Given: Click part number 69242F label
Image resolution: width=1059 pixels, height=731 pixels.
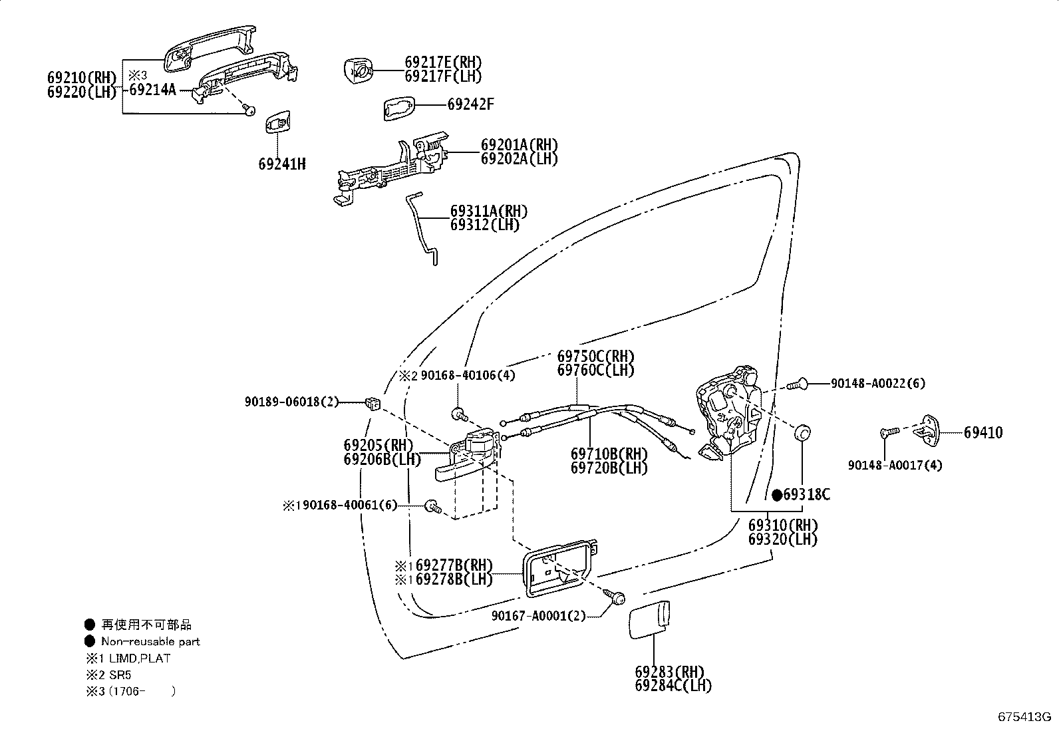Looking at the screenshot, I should (470, 104).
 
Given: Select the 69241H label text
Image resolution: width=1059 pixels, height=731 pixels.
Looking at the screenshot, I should (282, 164).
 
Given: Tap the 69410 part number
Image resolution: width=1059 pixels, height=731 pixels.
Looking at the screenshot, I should (983, 432).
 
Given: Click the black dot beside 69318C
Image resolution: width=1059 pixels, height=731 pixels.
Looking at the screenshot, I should (777, 495).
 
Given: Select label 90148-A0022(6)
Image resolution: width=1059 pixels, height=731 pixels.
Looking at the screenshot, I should (877, 383).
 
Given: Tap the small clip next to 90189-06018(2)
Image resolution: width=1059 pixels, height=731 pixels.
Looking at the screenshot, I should (373, 402).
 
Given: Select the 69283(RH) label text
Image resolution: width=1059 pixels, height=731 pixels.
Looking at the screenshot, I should (669, 671).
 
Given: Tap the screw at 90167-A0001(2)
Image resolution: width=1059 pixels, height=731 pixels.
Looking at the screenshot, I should (617, 598).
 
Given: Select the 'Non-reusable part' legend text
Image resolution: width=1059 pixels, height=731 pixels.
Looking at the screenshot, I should (150, 641).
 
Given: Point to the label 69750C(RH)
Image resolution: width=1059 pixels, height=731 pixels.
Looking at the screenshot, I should (595, 356).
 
